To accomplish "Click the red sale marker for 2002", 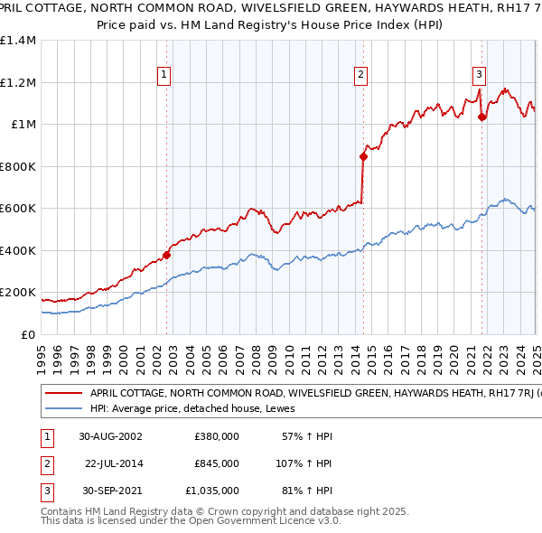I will click(x=167, y=256).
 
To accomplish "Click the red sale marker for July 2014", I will click(x=363, y=156).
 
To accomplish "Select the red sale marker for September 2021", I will click(x=482, y=117).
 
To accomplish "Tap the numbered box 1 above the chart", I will click(x=164, y=75).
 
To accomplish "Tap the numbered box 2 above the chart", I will click(x=360, y=75).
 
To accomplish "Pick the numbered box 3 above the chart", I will click(x=479, y=75).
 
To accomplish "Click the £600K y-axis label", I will click(x=18, y=209).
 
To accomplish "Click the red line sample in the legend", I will click(x=63, y=394).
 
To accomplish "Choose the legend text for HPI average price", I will click(x=199, y=409).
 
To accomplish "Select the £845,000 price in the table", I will click(x=217, y=463).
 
